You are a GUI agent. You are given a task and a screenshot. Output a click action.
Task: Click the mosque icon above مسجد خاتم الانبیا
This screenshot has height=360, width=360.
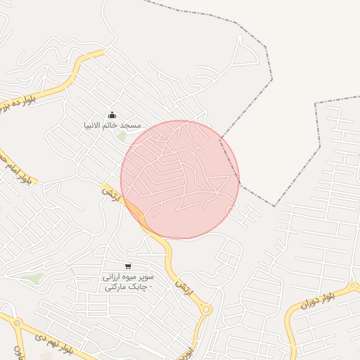point(111,115)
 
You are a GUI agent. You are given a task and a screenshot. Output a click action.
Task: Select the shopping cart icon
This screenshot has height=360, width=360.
point(127,266)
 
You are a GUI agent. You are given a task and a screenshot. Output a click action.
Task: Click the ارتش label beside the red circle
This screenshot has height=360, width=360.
point(111,195)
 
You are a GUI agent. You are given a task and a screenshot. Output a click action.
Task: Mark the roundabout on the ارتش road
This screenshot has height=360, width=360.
point(206,309)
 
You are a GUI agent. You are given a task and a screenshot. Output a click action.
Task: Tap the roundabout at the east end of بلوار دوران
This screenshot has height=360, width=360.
point(354,287)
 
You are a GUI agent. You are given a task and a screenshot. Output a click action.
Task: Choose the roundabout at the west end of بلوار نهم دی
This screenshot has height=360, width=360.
point(17,323)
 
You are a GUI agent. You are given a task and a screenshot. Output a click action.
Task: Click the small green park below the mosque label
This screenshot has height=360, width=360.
point(122,136)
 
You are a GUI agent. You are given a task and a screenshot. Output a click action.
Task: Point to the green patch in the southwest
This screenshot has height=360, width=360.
point(31,278)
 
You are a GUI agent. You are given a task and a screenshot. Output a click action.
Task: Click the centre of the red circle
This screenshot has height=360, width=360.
point(180,179)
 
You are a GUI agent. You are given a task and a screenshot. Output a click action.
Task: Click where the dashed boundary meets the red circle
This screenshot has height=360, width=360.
point(220,139)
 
